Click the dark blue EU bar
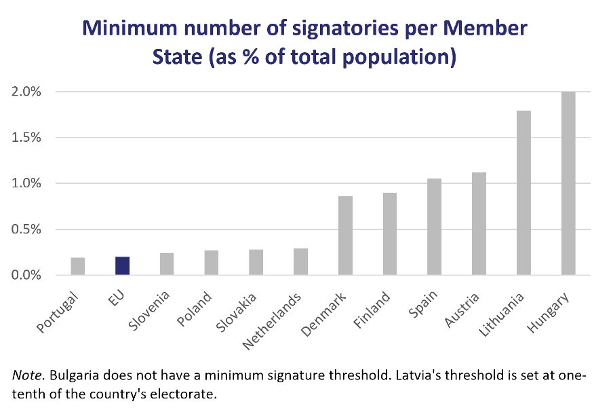pyautogui.click(x=122, y=265)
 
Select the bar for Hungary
pyautogui.click(x=568, y=183)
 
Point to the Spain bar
pyautogui.click(x=434, y=227)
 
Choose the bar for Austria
pyautogui.click(x=479, y=224)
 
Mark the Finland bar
pyautogui.click(x=390, y=234)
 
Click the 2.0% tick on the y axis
pyautogui.click(x=27, y=92)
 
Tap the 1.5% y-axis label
pyautogui.click(x=27, y=137)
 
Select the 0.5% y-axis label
pyautogui.click(x=27, y=229)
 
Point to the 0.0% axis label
pyautogui.click(x=27, y=275)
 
